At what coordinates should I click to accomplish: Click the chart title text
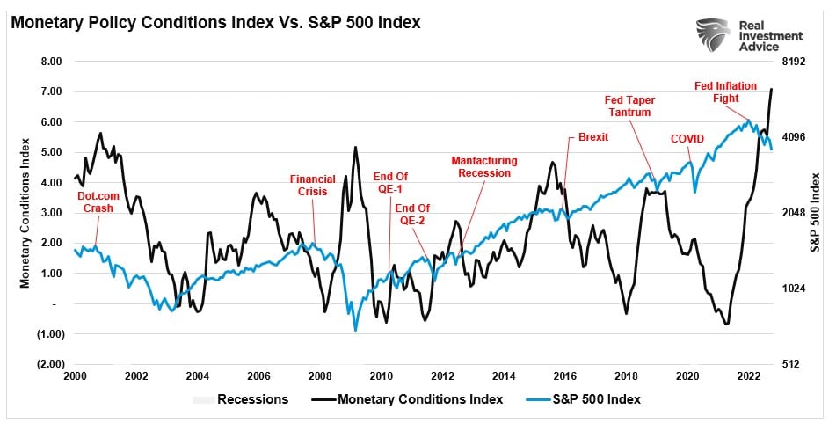tap(216, 22)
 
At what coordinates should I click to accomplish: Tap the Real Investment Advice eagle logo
tap(713, 35)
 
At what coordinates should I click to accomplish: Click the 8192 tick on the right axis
tap(794, 62)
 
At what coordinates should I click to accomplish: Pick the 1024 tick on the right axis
tap(794, 289)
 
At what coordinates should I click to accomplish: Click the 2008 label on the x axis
tap(319, 376)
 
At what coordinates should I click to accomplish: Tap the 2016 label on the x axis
tap(564, 376)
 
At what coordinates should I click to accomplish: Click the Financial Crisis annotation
tap(313, 186)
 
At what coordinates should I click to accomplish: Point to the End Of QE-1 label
tap(390, 183)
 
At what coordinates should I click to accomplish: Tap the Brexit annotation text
tap(593, 137)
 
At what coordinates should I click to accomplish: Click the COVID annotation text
tap(687, 139)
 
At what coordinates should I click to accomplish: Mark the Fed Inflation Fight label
tap(723, 92)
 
